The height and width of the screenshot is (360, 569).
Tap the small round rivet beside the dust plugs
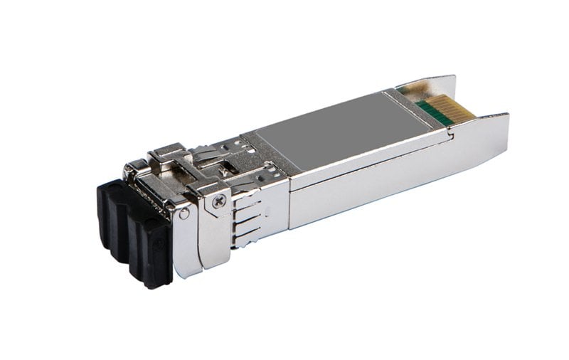[185, 213]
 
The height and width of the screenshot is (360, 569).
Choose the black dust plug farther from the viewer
[112, 213]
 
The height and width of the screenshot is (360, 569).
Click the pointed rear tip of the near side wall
[506, 117]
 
